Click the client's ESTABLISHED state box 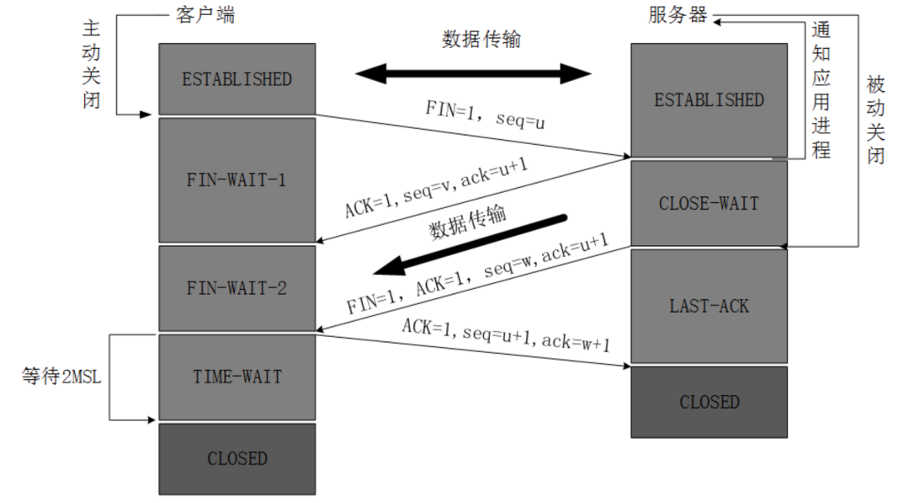(237, 78)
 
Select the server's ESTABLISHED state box (709, 99)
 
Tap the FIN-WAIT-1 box (237, 179)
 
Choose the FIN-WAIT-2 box (237, 287)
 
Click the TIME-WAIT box (237, 377)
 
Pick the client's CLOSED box (237, 458)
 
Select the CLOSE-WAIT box (709, 203)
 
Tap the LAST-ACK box (709, 305)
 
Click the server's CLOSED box (709, 401)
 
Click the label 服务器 (678, 15)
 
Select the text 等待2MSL (61, 377)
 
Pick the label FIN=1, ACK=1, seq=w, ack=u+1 (477, 275)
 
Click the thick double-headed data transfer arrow (474, 72)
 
